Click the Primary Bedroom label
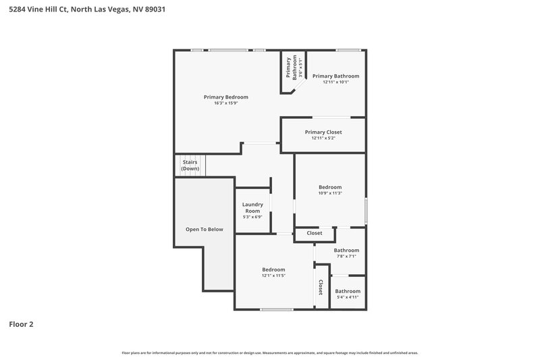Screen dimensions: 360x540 click(x=226, y=97)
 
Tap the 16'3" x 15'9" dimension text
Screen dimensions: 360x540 click(x=226, y=103)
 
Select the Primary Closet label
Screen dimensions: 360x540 click(x=323, y=132)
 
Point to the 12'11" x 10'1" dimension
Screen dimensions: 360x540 click(x=335, y=83)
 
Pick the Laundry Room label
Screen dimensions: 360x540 click(x=252, y=208)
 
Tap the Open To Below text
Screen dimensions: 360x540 click(x=204, y=230)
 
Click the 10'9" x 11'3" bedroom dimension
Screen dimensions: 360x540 click(x=330, y=194)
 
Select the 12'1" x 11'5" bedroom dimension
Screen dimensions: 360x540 click(x=273, y=276)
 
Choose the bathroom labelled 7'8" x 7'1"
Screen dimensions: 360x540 click(x=346, y=251)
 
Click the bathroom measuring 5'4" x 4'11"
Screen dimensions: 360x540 click(x=348, y=291)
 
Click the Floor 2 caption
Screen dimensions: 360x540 click(x=21, y=324)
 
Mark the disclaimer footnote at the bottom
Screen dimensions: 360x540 click(x=270, y=353)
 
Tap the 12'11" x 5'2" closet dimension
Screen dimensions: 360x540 click(x=323, y=138)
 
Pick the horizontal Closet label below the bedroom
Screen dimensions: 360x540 click(x=315, y=233)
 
